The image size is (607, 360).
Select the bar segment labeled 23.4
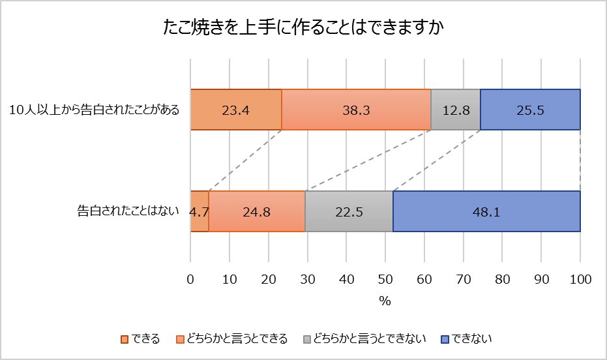[236, 110]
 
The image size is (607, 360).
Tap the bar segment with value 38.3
[356, 110]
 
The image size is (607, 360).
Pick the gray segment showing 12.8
[456, 110]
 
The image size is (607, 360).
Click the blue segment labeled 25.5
[530, 110]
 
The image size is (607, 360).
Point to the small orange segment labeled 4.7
[200, 211]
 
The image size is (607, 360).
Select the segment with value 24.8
[257, 211]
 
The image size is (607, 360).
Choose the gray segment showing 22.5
[349, 211]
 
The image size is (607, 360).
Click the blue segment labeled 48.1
[486, 211]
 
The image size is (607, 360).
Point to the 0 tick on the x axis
[190, 280]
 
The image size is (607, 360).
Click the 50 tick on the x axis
[385, 280]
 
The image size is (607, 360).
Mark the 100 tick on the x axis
[580, 280]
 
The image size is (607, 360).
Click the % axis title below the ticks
[385, 301]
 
